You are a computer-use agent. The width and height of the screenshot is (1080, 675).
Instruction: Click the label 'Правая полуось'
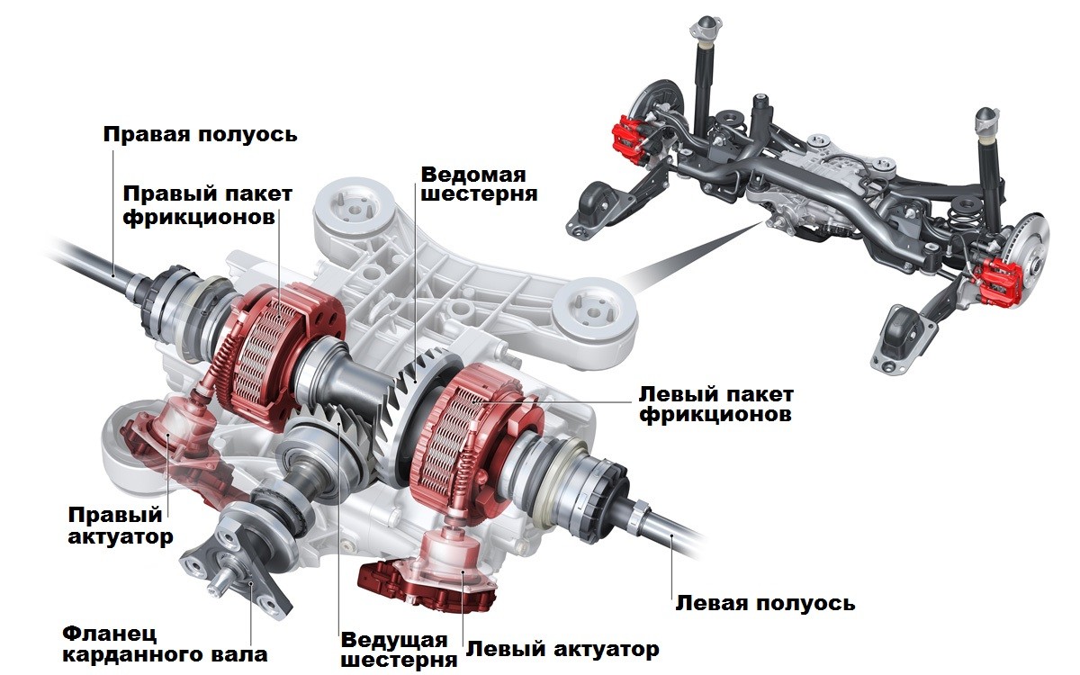(x=200, y=135)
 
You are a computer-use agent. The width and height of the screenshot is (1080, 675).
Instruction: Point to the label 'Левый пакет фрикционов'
(x=715, y=405)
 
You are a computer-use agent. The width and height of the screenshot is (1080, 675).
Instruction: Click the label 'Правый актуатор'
(x=115, y=526)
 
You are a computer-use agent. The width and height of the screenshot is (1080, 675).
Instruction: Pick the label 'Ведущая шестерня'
(x=393, y=650)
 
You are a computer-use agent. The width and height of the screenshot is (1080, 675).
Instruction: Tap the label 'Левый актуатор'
(x=562, y=649)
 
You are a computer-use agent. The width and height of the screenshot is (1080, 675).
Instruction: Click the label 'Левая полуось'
(x=765, y=603)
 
